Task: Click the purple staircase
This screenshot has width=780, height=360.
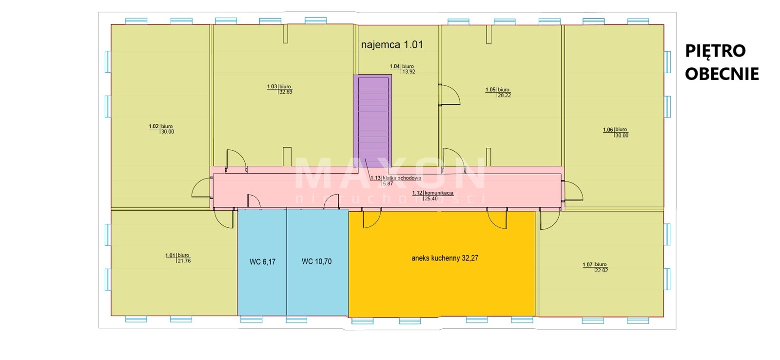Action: [372, 120]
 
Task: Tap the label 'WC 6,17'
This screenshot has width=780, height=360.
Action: [263, 262]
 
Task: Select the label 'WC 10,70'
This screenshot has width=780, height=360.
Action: [316, 261]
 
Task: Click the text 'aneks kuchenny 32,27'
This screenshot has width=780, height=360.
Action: [445, 258]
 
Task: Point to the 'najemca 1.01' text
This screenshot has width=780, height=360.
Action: [392, 44]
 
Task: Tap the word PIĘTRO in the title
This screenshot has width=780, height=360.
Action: [716, 51]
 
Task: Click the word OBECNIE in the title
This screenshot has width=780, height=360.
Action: [722, 74]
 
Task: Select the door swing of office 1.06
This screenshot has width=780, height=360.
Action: [573, 191]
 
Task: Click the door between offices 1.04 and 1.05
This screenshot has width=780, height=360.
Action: [449, 95]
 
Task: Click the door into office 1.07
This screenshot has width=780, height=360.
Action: [549, 219]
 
